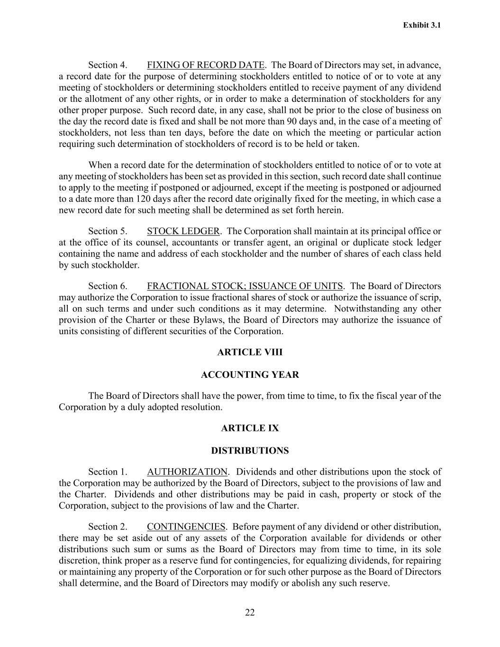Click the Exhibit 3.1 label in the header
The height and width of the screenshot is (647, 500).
coord(422,25)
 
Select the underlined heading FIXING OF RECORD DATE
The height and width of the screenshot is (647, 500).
coord(206,65)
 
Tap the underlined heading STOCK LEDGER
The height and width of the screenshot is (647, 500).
coord(183,231)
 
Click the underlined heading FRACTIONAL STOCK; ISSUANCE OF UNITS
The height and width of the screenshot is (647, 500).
coord(245,286)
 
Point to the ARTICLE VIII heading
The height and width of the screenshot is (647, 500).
coord(250,352)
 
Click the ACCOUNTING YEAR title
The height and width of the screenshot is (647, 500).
coord(250,375)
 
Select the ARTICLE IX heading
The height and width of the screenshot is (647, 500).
coord(250,428)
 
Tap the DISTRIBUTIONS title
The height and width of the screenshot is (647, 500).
coord(250,451)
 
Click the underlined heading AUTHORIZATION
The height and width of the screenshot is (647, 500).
coord(187,472)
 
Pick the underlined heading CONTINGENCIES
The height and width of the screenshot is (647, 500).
coord(186,527)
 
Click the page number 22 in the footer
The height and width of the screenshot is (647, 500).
coord(250,613)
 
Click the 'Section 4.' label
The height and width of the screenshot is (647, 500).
coord(108,65)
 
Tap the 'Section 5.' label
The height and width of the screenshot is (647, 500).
coord(108,231)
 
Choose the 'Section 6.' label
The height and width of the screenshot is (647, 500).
coord(108,286)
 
